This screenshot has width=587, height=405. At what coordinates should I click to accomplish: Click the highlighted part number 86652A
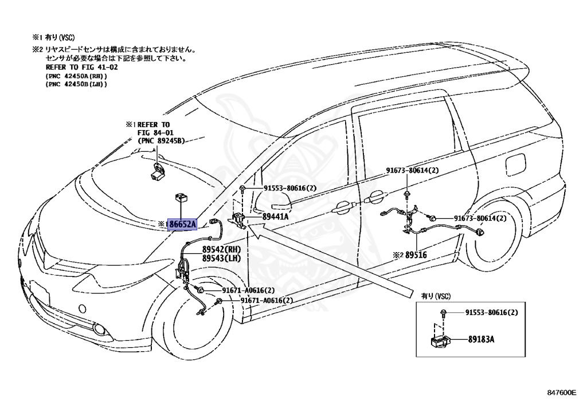click(182, 224)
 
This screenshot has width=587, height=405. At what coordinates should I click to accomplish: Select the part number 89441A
click(275, 216)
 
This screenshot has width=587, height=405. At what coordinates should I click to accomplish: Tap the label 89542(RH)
click(222, 249)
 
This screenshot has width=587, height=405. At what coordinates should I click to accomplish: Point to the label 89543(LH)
click(222, 258)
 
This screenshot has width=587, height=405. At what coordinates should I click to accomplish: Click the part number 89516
click(416, 255)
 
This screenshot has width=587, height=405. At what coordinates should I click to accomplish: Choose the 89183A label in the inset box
click(481, 340)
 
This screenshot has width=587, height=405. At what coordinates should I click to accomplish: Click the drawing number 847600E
click(562, 392)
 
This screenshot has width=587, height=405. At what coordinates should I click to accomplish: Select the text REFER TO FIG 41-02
click(81, 68)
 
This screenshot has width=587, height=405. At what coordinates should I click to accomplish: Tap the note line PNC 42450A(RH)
click(76, 76)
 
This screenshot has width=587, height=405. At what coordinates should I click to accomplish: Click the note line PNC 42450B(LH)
click(76, 84)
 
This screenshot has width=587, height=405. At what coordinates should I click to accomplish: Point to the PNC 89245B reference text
click(161, 141)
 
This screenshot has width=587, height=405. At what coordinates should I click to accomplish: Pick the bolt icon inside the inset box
click(443, 313)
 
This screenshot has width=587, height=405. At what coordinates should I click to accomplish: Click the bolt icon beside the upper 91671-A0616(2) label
click(200, 290)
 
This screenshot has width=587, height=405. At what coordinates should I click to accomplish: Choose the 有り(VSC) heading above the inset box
click(436, 296)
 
